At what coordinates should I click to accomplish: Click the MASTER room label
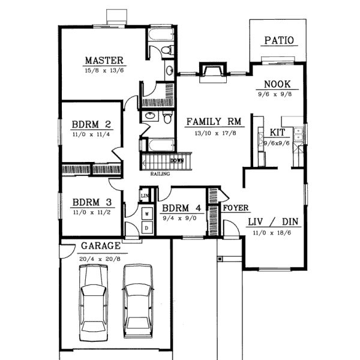pyautogui.click(x=104, y=60)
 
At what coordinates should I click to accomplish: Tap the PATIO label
pyautogui.click(x=279, y=41)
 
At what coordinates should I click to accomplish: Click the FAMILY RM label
pyautogui.click(x=213, y=121)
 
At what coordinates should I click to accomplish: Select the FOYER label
pyautogui.click(x=236, y=208)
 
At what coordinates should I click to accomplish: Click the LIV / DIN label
pyautogui.click(x=274, y=221)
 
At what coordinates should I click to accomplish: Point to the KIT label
pyautogui.click(x=277, y=132)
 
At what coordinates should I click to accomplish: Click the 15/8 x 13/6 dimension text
pyautogui.click(x=104, y=70)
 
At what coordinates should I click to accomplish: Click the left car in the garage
pyautogui.click(x=94, y=300)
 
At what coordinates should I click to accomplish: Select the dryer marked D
pyautogui.click(x=146, y=228)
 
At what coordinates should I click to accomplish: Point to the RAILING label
pyautogui.click(x=160, y=174)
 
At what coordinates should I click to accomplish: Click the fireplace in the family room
pyautogui.click(x=212, y=72)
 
